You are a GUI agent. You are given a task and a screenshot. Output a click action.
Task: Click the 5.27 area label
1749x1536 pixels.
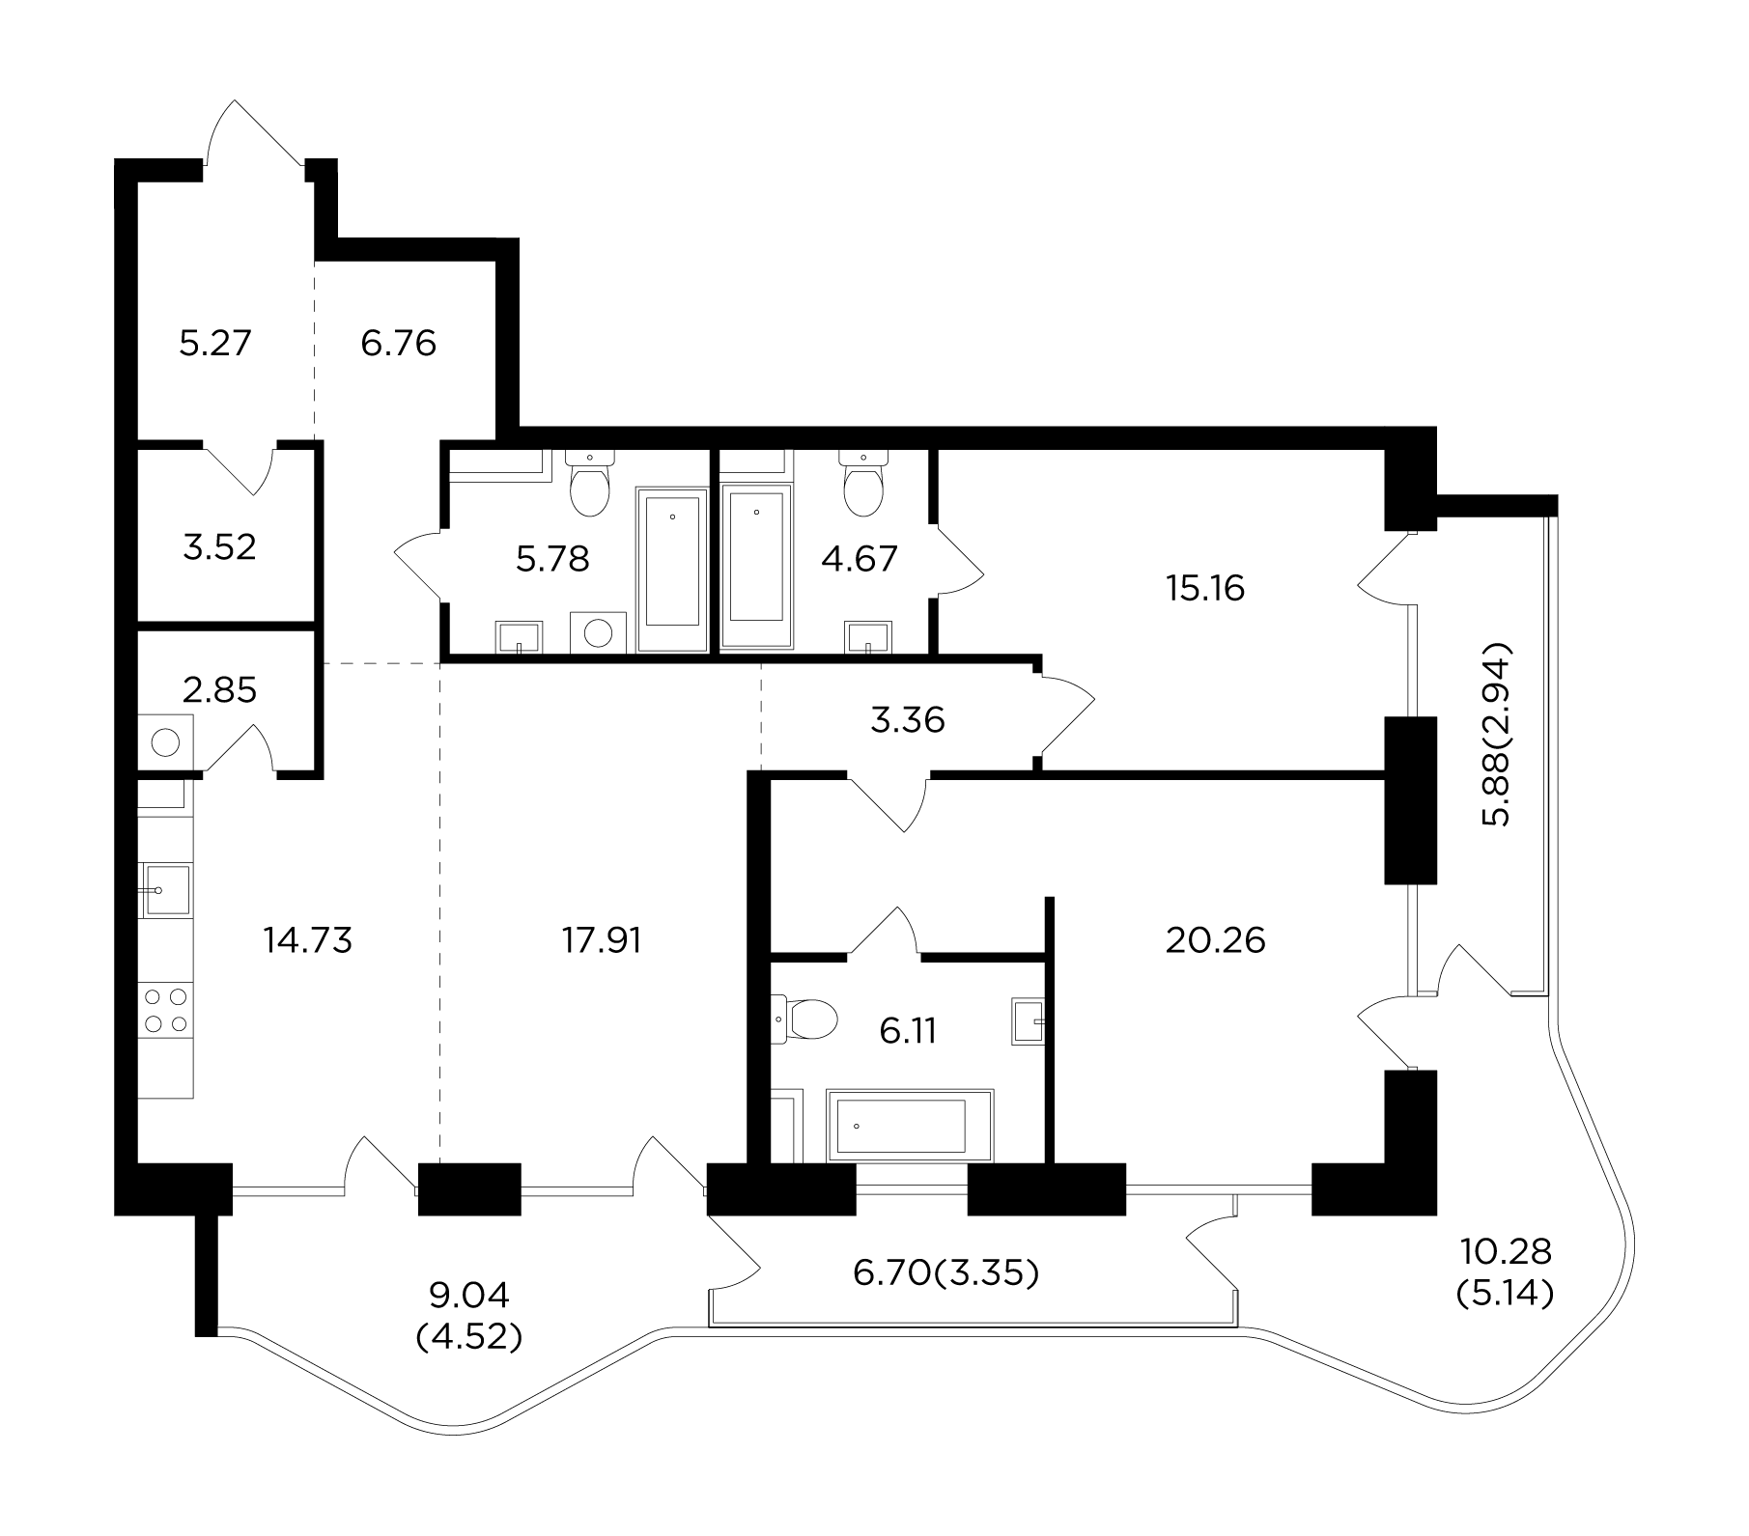point(215,343)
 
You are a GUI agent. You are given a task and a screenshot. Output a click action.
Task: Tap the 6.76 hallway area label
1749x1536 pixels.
point(399,343)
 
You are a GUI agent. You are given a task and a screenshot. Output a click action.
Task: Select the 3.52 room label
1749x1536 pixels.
point(219,547)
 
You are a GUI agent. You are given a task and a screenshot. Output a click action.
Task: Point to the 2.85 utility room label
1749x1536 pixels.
point(220,690)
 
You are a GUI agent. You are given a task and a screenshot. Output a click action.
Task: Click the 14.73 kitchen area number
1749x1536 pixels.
point(308,939)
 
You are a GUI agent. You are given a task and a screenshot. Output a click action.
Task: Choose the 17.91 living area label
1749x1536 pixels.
point(602,939)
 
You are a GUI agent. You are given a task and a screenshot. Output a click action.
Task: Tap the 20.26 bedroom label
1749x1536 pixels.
point(1215,939)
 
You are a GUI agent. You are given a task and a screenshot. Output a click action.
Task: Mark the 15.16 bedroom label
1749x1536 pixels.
point(1205,588)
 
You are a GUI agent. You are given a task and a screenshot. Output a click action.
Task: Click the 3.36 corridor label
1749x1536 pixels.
point(908,719)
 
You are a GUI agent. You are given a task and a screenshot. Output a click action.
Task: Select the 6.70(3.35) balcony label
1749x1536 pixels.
point(946,1274)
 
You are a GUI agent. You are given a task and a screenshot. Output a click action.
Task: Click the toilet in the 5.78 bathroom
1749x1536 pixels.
point(589,486)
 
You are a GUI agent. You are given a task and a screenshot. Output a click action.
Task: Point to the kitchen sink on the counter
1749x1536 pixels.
point(165,889)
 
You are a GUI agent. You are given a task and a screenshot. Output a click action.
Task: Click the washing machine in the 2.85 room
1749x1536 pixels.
point(166,741)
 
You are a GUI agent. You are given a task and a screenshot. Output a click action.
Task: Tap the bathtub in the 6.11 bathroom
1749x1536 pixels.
point(910,1126)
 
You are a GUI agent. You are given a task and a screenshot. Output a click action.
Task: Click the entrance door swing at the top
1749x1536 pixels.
point(256,135)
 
